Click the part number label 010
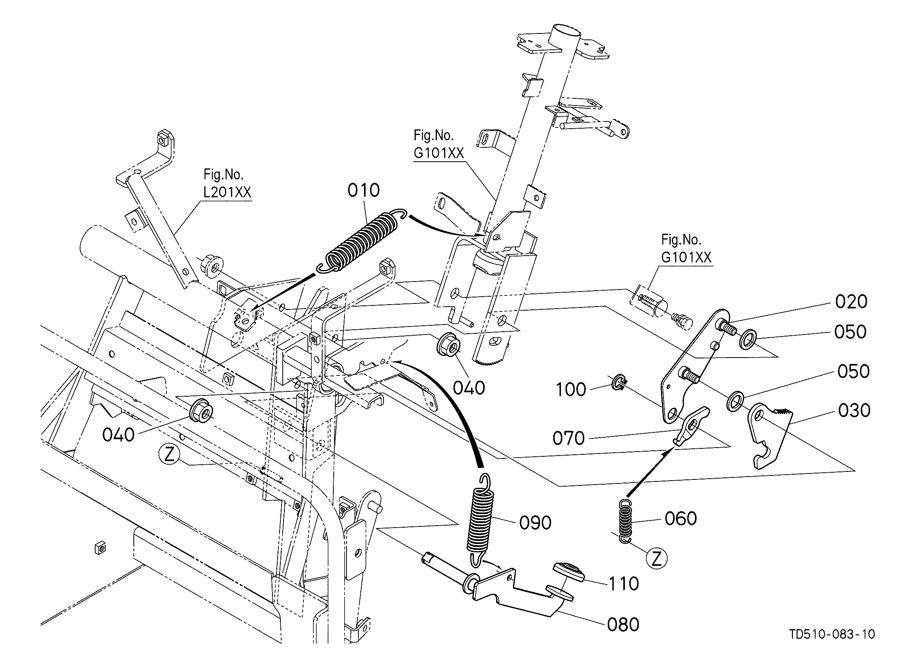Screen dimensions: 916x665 pos(364,190)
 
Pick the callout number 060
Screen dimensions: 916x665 pos(681,518)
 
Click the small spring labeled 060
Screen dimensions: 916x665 pos(625,521)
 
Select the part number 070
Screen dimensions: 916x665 pos(569,438)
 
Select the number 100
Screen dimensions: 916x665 pos(571,389)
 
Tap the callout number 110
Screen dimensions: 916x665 pos(624,584)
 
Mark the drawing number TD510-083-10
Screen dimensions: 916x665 pos(832,645)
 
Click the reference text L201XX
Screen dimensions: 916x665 pos(227,192)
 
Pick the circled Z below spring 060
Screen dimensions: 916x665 pos(657,559)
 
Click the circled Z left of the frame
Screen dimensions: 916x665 pos(169,455)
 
